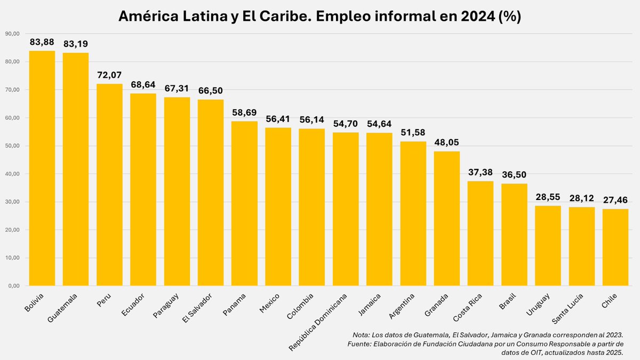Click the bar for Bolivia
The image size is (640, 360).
point(42,168)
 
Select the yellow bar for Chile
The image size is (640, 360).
point(615,247)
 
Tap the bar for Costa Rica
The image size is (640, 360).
point(481,233)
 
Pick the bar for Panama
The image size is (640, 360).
point(244,203)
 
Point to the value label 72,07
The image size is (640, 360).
point(109,75)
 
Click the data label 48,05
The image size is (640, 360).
point(447,142)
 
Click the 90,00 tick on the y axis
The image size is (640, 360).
point(12,34)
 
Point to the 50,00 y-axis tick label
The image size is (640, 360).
point(12,146)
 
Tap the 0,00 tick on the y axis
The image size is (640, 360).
point(13,286)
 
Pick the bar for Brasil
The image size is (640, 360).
point(514,235)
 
